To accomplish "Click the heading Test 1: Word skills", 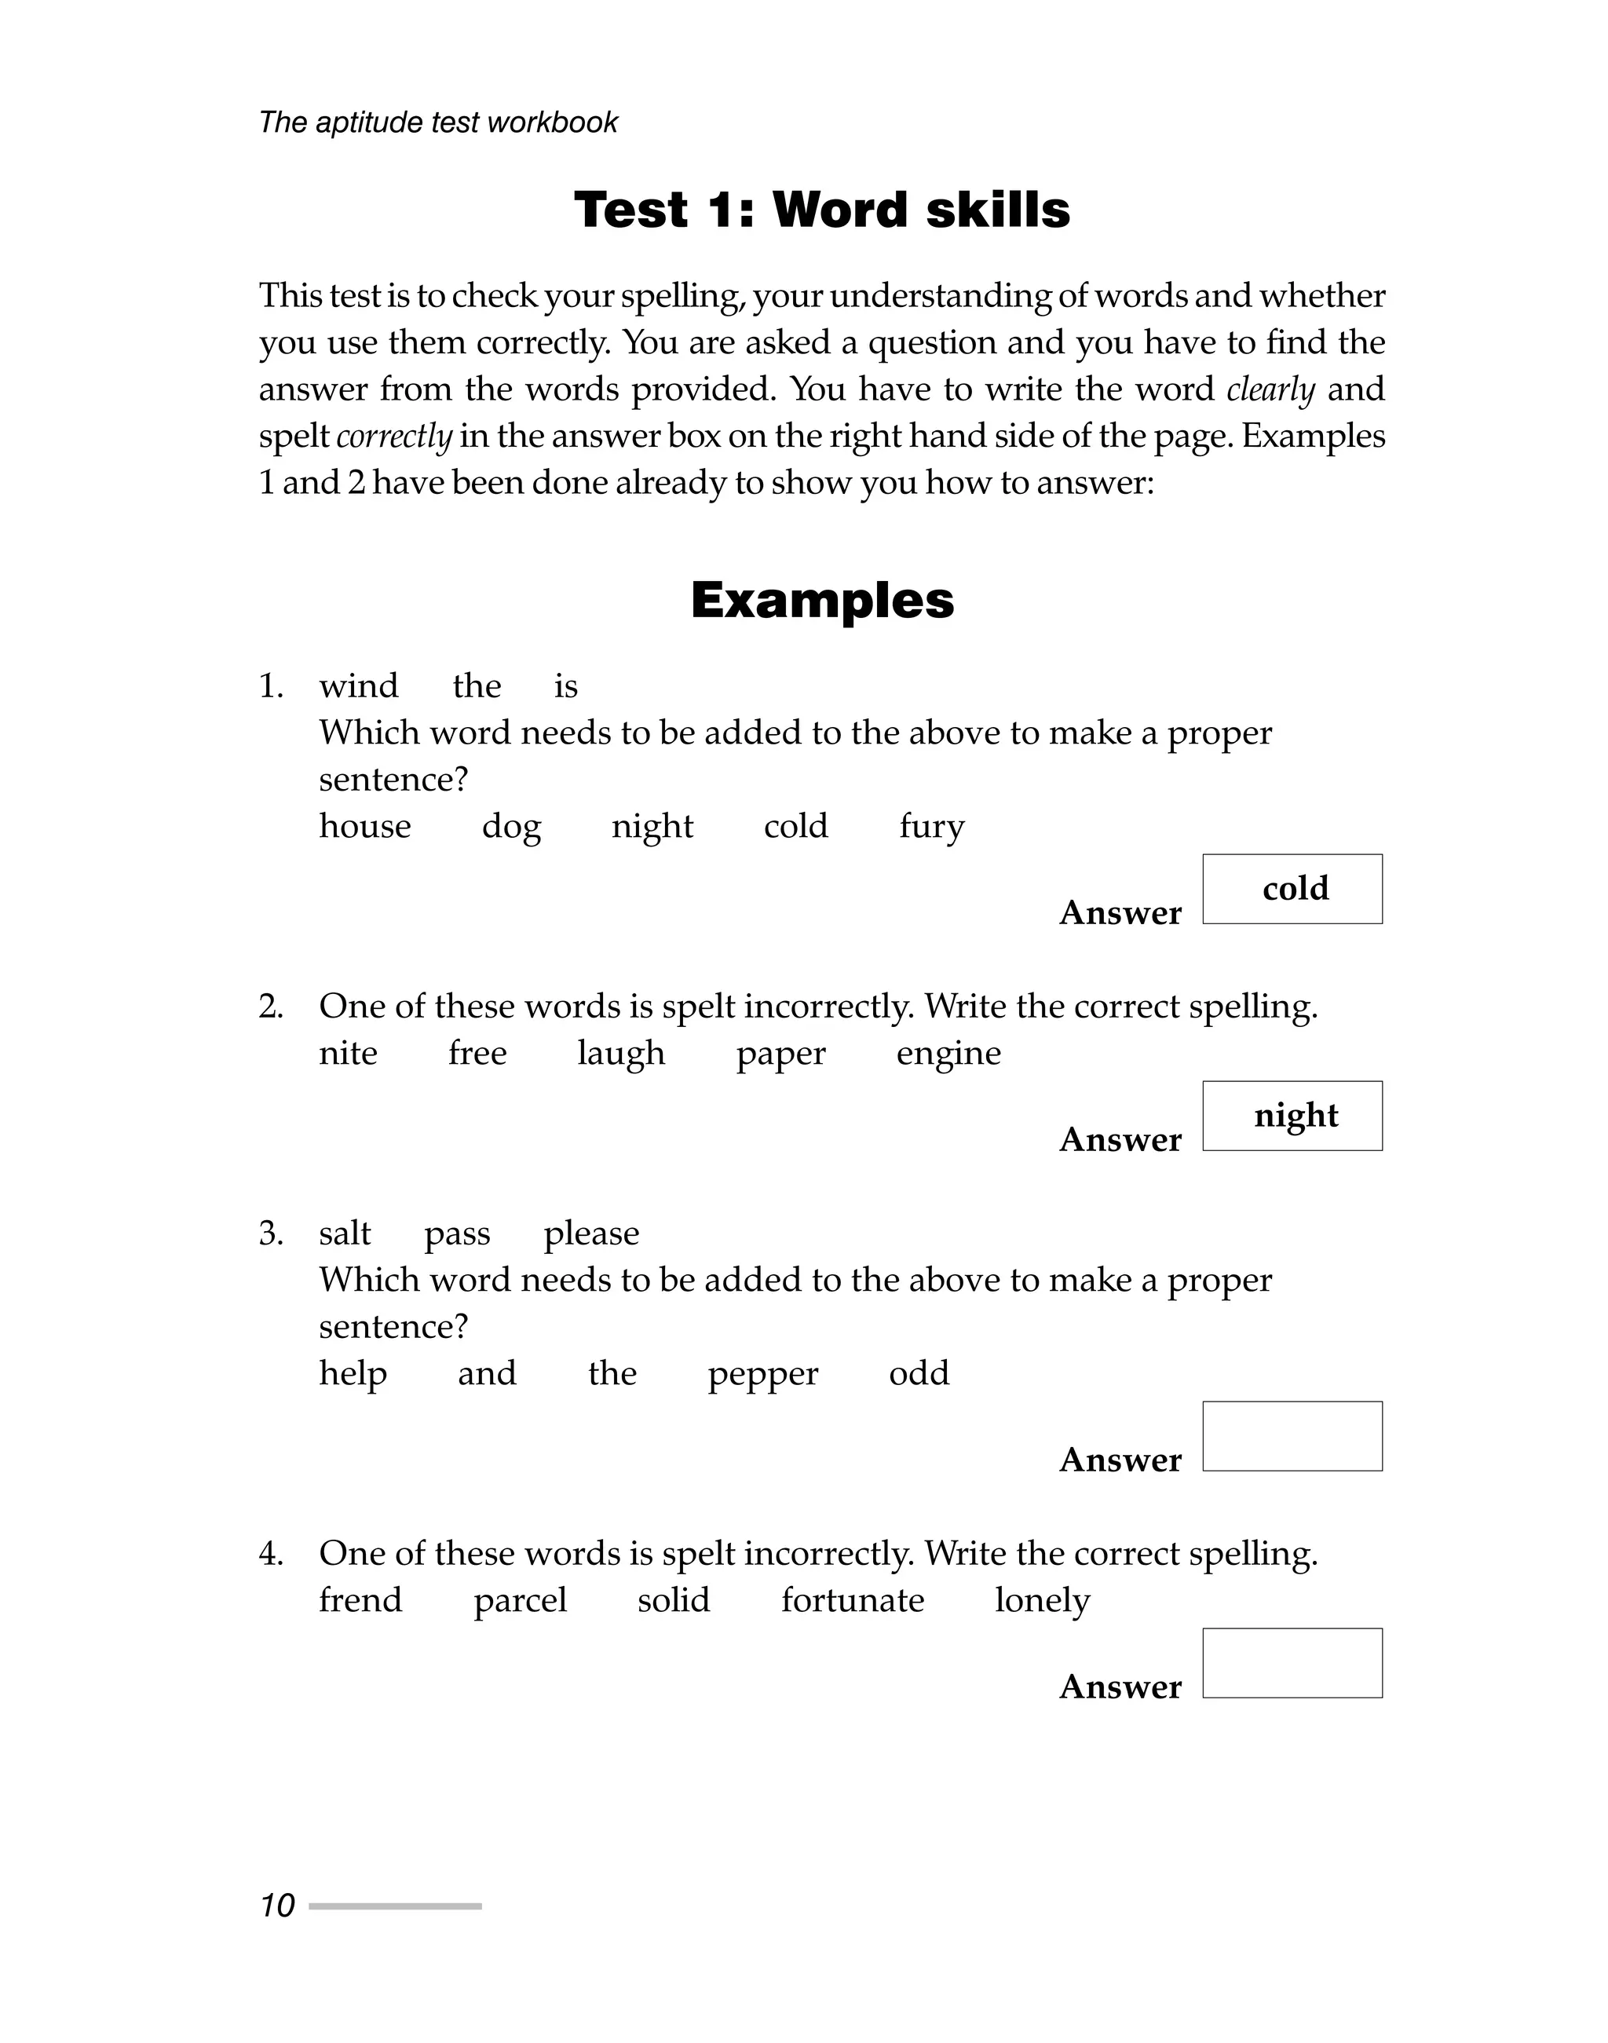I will coord(821,209).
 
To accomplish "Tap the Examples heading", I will coord(822,600).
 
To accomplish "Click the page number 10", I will coord(277,1906).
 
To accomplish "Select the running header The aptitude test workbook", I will coord(438,122).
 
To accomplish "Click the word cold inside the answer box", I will coord(1295,888).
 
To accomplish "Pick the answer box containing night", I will coord(1292,1116).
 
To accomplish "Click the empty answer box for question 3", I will coord(1292,1436).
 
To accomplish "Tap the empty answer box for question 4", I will coord(1292,1663).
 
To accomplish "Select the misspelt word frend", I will coord(360,1599).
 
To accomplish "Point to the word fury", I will coord(931,827).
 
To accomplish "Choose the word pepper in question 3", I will coord(762,1373).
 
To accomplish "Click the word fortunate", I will coord(852,1599).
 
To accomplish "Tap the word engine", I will coord(948,1054).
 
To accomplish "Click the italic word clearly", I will coord(1270,389).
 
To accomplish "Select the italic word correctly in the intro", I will coord(393,436).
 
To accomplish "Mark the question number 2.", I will coord(270,1007).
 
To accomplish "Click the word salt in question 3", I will coord(345,1233).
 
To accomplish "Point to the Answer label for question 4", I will coord(1120,1687).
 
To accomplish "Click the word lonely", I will coord(1042,1599).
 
